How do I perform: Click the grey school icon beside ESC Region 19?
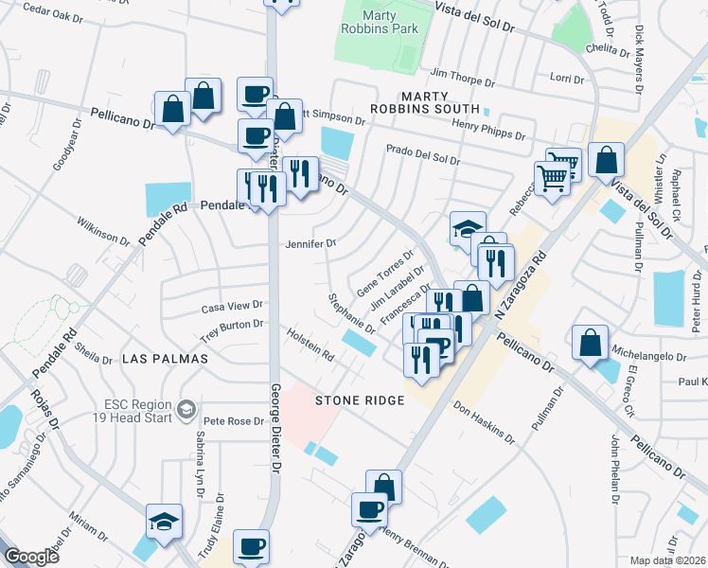[187, 409]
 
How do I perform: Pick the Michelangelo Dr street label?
[650, 356]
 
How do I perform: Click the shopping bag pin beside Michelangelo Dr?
[590, 344]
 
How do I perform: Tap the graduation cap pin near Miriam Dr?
[164, 523]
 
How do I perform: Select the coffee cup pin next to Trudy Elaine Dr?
[252, 546]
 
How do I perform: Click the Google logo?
[32, 558]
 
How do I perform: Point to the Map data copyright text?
[668, 560]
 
